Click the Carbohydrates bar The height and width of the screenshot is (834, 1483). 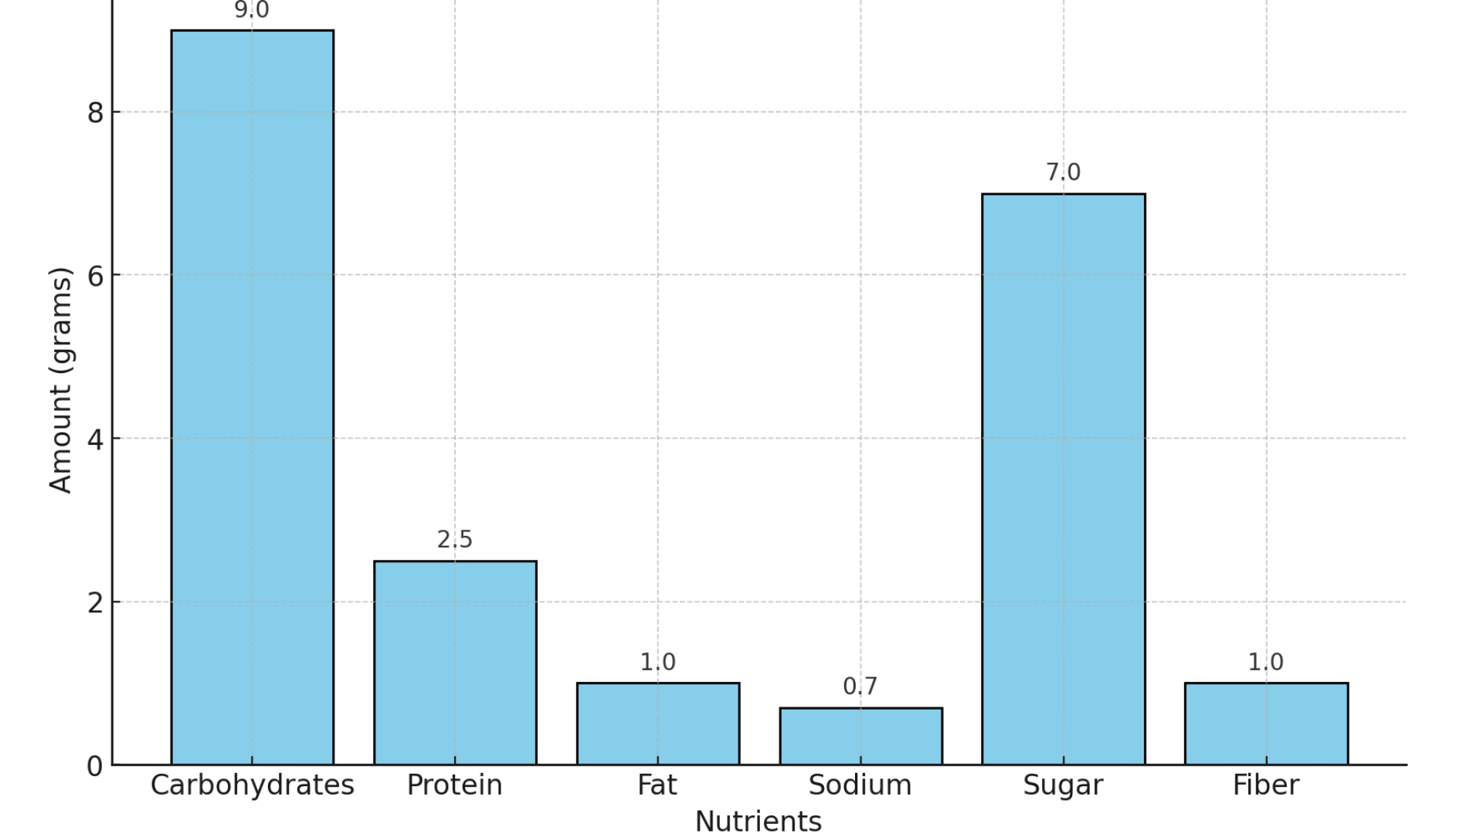[252, 398]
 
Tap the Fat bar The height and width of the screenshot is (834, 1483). [658, 724]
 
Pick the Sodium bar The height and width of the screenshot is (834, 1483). [860, 736]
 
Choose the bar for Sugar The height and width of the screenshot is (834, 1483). [1063, 479]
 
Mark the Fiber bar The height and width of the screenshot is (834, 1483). [1266, 724]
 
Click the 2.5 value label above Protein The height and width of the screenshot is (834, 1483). [455, 540]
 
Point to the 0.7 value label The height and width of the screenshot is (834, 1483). [860, 687]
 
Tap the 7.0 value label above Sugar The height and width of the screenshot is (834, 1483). [1063, 172]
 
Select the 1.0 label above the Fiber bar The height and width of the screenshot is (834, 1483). [1266, 663]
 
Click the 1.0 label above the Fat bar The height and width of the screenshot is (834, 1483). [658, 663]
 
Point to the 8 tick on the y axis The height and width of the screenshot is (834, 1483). [95, 113]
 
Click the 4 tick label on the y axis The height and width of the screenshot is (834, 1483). [95, 439]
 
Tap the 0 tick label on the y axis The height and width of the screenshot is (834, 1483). [95, 766]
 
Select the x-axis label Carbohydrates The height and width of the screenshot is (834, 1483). [252, 785]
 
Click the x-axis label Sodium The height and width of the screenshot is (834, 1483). [860, 785]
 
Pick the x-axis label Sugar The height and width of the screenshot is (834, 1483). [1063, 786]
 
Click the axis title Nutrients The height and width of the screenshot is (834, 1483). [758, 821]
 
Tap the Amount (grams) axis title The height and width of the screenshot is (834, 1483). [60, 379]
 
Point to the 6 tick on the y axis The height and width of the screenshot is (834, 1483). [95, 276]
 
